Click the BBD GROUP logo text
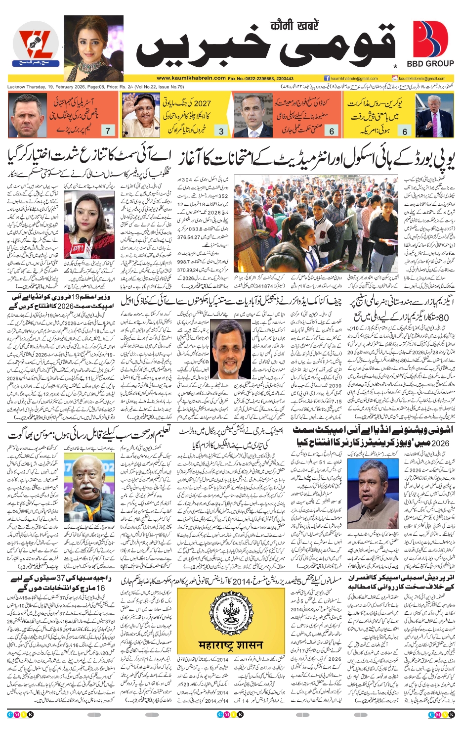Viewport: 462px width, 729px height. (x=430, y=63)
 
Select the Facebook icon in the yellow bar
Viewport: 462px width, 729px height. (x=327, y=78)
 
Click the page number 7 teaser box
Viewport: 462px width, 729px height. (x=107, y=131)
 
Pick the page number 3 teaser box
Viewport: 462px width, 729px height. (x=221, y=131)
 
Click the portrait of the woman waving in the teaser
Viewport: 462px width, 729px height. (x=140, y=115)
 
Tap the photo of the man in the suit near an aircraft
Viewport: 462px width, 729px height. (x=434, y=115)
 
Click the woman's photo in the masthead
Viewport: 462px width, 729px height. (x=93, y=48)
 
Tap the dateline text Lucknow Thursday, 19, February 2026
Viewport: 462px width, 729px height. (x=47, y=87)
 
